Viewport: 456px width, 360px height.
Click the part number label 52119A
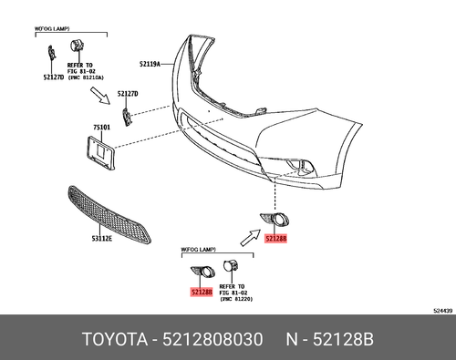(x=150, y=65)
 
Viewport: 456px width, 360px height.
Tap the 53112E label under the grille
(x=100, y=239)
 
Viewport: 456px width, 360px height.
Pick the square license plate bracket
(x=105, y=152)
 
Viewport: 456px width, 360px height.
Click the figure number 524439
(x=440, y=310)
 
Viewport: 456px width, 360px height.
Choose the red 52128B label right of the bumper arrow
(x=275, y=238)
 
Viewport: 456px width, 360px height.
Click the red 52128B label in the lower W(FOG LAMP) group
(x=201, y=292)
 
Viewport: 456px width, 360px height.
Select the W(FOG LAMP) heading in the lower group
(x=197, y=248)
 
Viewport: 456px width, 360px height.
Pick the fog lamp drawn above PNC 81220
(x=232, y=267)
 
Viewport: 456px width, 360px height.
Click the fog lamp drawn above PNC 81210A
(x=76, y=49)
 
